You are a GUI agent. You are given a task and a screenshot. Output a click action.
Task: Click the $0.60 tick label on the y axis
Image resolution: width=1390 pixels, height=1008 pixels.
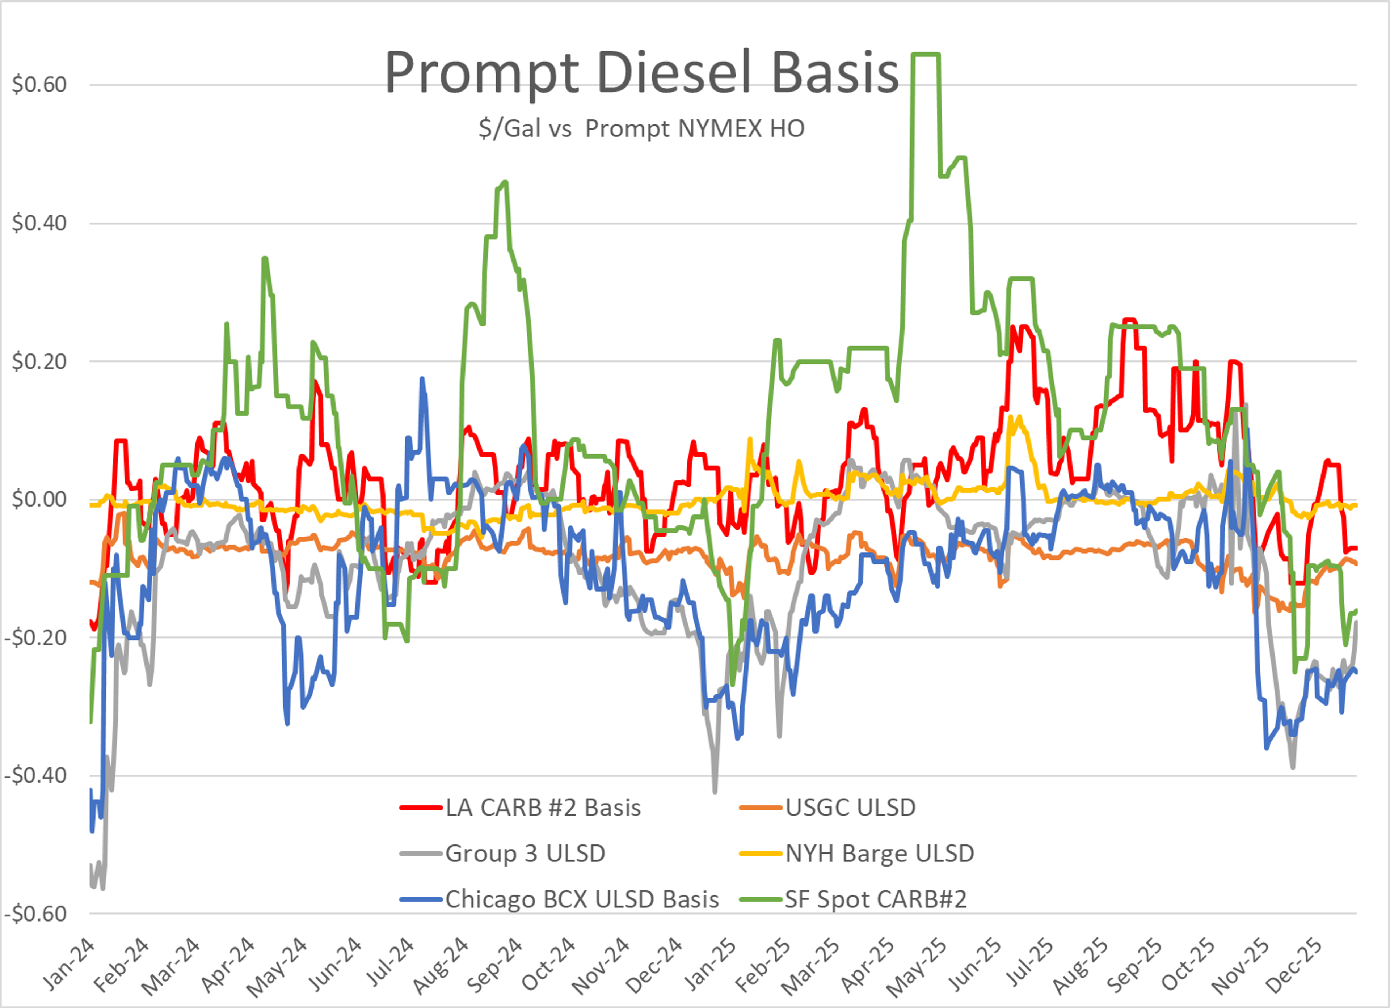(x=39, y=85)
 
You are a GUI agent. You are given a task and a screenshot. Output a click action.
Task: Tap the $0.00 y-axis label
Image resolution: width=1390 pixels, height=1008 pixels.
(x=39, y=499)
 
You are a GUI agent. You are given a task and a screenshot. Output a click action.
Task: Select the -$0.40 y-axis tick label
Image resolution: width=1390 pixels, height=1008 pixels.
(x=35, y=776)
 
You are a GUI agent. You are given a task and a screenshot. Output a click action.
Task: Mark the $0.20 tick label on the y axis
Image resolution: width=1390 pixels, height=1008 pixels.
(x=39, y=361)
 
